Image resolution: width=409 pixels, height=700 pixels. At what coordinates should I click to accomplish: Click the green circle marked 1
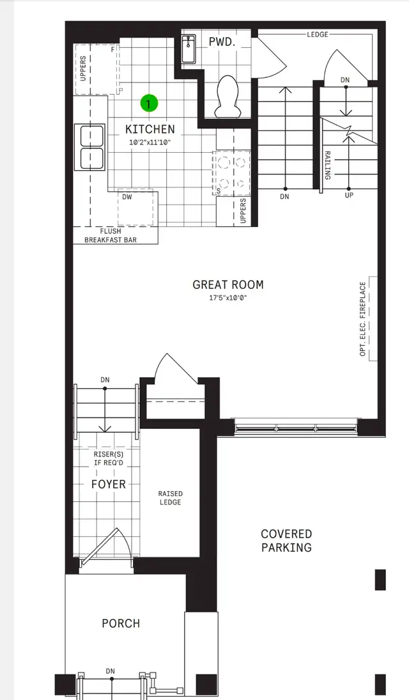click(x=149, y=103)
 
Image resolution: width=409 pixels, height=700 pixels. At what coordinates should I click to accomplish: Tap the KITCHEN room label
click(x=150, y=129)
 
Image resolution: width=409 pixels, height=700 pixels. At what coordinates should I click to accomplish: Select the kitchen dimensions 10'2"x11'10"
click(x=150, y=142)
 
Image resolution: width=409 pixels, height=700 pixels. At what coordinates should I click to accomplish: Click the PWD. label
click(x=222, y=42)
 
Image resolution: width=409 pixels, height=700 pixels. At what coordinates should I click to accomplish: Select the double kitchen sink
click(x=91, y=146)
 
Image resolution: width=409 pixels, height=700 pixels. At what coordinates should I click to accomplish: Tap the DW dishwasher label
click(x=127, y=197)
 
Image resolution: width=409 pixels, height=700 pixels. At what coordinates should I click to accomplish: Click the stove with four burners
click(x=231, y=173)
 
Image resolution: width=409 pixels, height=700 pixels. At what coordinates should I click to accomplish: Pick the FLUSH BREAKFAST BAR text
click(x=114, y=236)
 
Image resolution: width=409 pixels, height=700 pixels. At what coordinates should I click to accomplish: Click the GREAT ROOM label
click(x=228, y=285)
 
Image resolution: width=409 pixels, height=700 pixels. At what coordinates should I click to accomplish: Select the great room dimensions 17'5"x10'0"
click(x=228, y=298)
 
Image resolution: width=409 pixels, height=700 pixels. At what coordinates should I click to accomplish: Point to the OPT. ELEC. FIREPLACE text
click(x=363, y=318)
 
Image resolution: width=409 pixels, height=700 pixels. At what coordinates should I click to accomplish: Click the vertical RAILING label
click(x=327, y=165)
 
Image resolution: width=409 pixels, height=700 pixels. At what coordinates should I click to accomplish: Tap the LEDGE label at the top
click(x=317, y=34)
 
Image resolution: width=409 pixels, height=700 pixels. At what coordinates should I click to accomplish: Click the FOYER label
click(x=108, y=484)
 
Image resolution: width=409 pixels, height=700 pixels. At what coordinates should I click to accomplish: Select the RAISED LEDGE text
click(x=170, y=498)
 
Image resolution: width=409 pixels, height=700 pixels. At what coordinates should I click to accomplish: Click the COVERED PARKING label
click(x=286, y=541)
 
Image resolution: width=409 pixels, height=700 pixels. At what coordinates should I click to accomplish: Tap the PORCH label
click(x=121, y=623)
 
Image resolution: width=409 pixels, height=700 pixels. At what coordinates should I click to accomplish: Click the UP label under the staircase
click(x=349, y=196)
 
